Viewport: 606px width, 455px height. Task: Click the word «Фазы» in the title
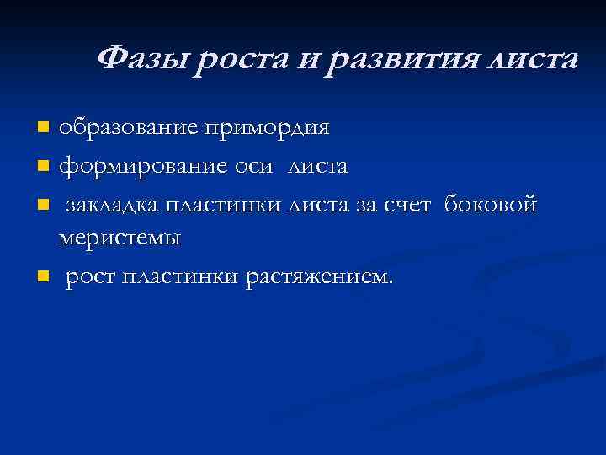[x=141, y=60]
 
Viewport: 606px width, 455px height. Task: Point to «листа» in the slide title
[x=528, y=61]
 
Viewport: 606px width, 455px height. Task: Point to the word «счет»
[x=406, y=205]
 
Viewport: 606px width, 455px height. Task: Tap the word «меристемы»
[x=119, y=238]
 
